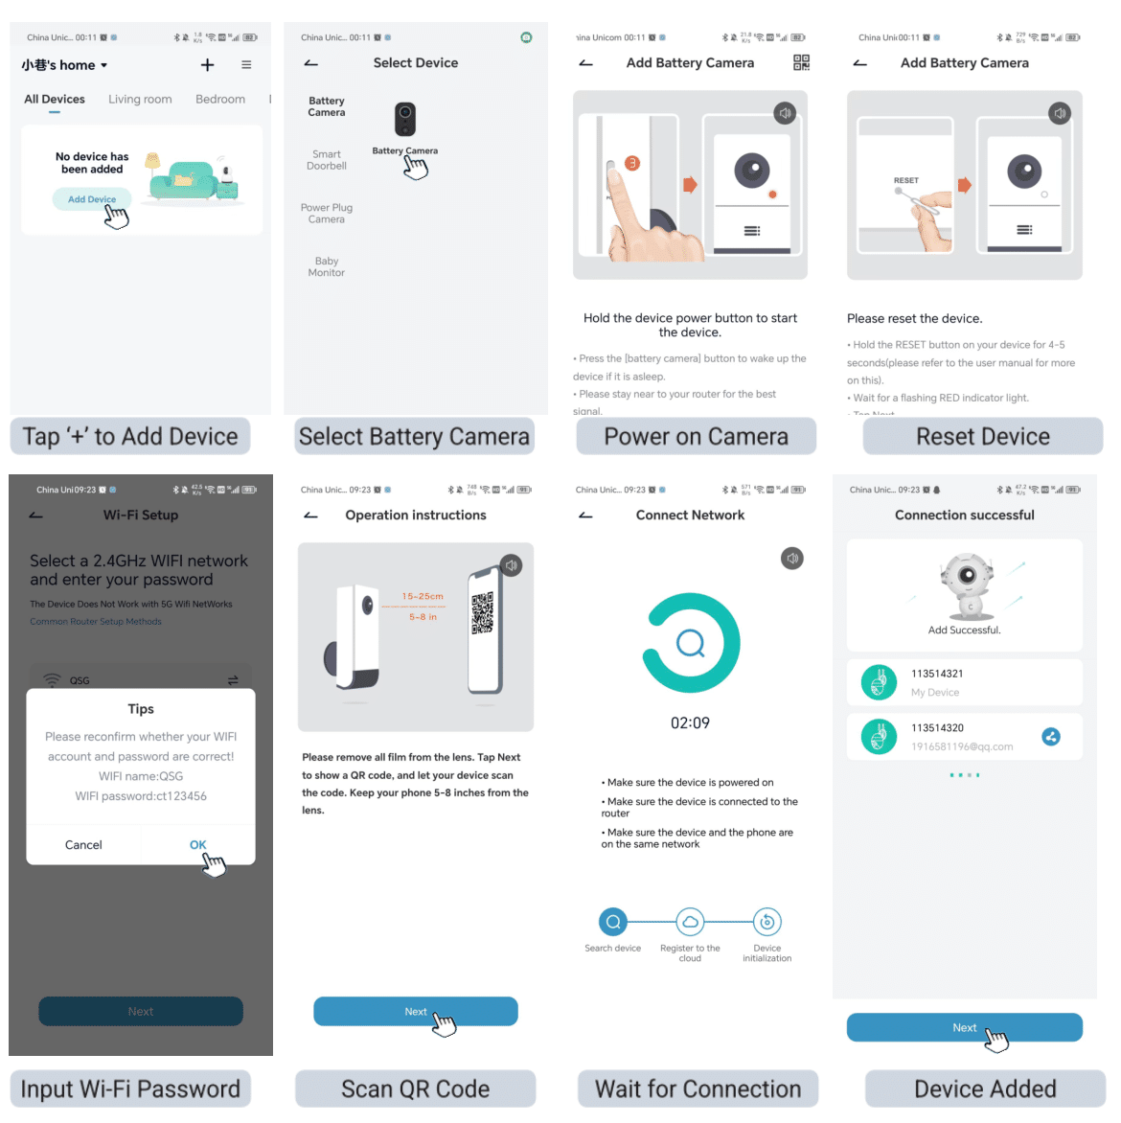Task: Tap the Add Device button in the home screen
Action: (92, 199)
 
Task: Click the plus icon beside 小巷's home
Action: (207, 65)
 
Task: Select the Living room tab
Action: (140, 100)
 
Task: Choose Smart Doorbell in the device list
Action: (327, 160)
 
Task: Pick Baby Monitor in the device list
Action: (327, 267)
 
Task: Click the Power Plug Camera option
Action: (327, 214)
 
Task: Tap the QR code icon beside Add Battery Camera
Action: (802, 63)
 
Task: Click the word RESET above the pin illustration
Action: (905, 180)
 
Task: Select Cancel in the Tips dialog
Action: (83, 845)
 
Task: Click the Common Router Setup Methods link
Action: (96, 622)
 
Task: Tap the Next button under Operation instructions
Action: (415, 1012)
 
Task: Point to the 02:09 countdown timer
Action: (690, 723)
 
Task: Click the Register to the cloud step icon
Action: (690, 922)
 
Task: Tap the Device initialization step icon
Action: (766, 922)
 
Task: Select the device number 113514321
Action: (937, 674)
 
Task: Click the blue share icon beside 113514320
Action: (1051, 737)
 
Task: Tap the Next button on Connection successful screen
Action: (964, 1028)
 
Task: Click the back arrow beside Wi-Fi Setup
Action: (36, 516)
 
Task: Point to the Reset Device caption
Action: (982, 437)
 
